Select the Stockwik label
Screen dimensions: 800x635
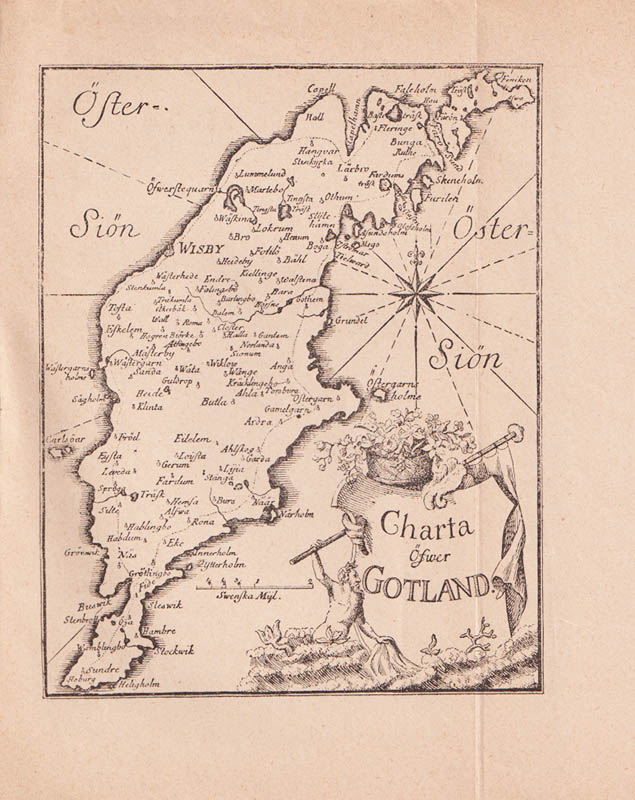point(174,650)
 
